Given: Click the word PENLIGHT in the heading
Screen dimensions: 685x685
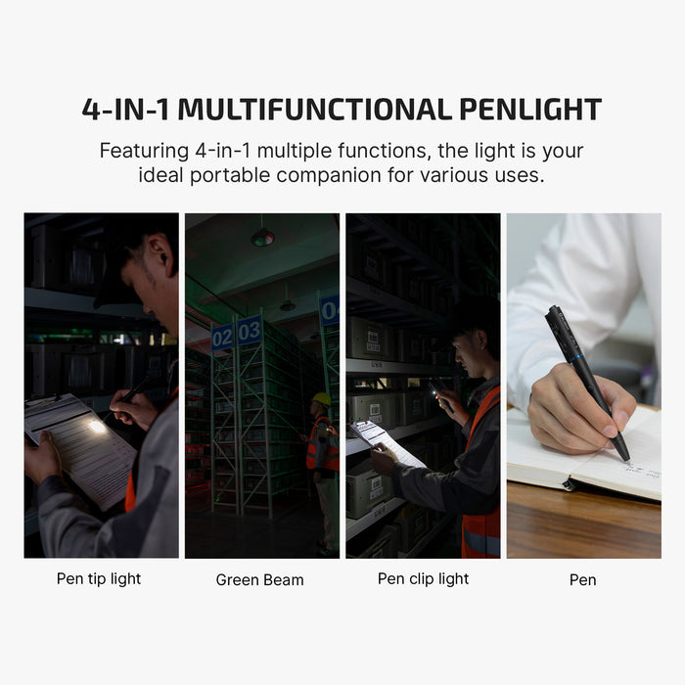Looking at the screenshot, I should click(x=523, y=109).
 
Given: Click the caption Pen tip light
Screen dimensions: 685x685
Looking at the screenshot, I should click(x=99, y=578).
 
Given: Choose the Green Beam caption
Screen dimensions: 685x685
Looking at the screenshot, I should click(x=259, y=579).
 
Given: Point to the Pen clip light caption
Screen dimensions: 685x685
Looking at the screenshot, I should click(x=423, y=578).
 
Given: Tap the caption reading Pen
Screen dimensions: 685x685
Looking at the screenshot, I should click(x=582, y=579).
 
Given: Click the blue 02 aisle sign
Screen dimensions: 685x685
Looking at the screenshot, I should click(x=222, y=336).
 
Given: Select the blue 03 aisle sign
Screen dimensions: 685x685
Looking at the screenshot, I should click(x=250, y=330).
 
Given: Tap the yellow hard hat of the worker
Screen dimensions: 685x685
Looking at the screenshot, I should click(x=321, y=398).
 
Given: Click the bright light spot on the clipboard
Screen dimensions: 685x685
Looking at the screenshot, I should click(x=97, y=426).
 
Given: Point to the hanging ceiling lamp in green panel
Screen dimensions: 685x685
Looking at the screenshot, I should click(x=262, y=237).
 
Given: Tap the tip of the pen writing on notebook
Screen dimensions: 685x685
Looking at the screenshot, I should click(x=625, y=458).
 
